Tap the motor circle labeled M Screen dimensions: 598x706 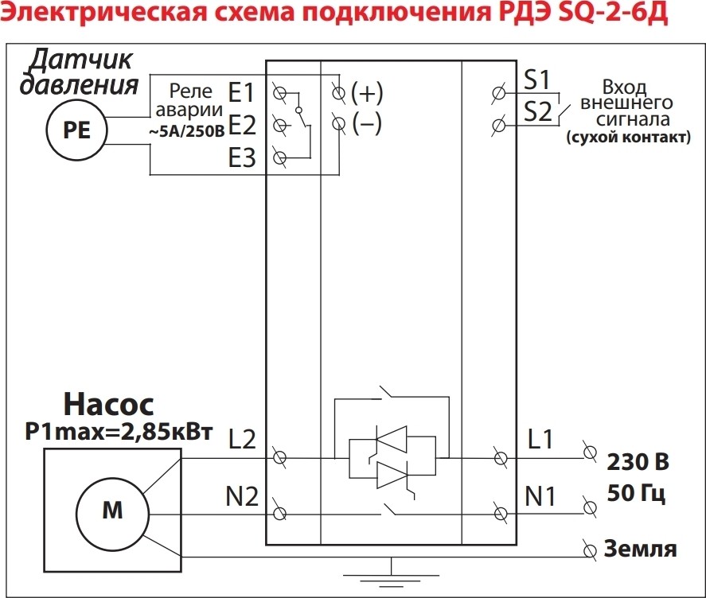(x=112, y=511)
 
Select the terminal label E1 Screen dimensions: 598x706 (x=241, y=93)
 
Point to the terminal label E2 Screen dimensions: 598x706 (x=241, y=125)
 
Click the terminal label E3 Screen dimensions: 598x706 (x=241, y=159)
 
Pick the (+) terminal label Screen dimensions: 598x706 (x=367, y=93)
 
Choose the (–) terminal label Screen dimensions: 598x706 (x=367, y=124)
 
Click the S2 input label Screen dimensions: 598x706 (x=538, y=111)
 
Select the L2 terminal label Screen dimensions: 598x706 (x=242, y=439)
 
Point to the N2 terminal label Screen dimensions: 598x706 (x=241, y=497)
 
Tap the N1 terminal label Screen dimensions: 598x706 (x=541, y=497)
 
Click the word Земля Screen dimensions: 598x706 (x=641, y=549)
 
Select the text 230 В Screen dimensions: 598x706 (x=638, y=462)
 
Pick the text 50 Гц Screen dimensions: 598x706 (x=636, y=493)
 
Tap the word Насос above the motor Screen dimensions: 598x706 (x=109, y=405)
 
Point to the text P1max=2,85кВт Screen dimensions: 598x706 (x=119, y=432)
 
